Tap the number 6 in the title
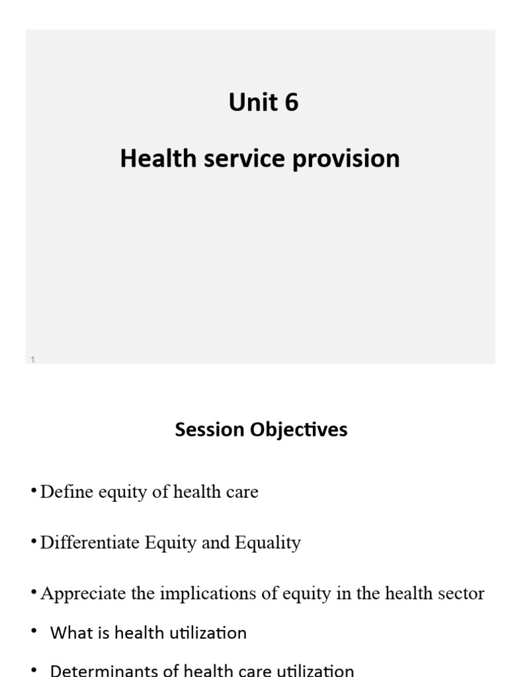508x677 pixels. (291, 102)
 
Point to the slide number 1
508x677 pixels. (32, 359)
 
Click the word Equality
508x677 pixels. (270, 543)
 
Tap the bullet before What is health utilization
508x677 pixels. (34, 631)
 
